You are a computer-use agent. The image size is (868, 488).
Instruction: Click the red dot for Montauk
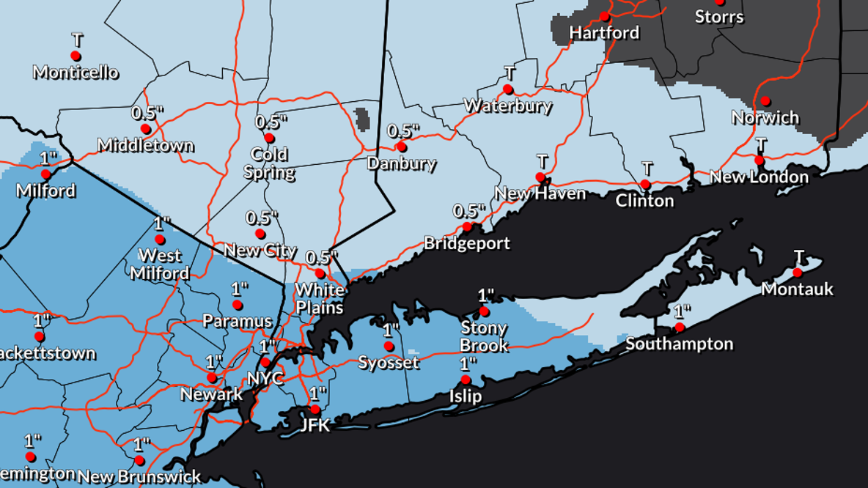[798, 273]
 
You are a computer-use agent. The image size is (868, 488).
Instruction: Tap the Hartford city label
[604, 33]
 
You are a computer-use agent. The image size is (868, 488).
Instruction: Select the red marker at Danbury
[401, 147]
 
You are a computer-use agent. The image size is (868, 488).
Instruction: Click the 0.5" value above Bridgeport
[469, 211]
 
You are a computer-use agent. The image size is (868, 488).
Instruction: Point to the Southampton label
[679, 344]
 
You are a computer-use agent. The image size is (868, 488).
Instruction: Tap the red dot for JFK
[315, 410]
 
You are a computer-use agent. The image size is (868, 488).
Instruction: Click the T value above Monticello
[77, 39]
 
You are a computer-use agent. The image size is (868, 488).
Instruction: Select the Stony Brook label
[485, 336]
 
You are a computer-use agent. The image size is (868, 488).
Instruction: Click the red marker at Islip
[466, 380]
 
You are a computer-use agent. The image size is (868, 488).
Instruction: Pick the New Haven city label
[540, 193]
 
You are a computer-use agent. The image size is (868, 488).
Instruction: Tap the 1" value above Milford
[48, 158]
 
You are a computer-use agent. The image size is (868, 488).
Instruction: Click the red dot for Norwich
[765, 100]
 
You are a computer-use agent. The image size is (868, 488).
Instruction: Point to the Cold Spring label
[269, 163]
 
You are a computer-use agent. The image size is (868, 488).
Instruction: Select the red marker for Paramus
[238, 305]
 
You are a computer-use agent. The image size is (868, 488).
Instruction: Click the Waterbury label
[507, 106]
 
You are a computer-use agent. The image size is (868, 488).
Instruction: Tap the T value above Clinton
[647, 169]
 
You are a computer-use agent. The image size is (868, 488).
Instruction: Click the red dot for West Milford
[160, 240]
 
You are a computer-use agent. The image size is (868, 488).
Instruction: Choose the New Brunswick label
[139, 477]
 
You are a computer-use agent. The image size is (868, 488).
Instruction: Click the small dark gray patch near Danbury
[361, 117]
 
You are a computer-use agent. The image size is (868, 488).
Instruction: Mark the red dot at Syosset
[389, 347]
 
